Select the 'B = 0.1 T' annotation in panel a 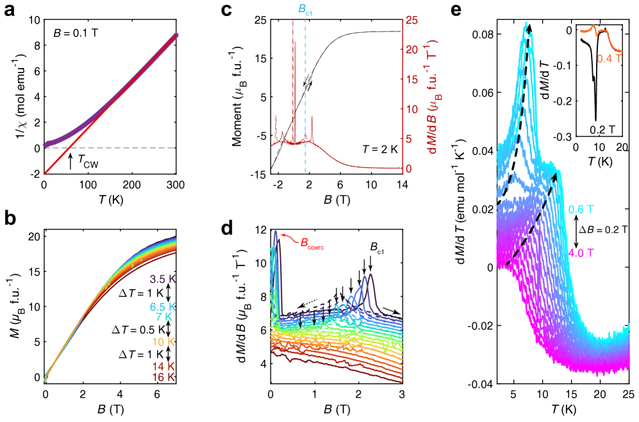pos(76,30)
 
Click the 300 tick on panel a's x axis pos(176,185)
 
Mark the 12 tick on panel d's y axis pos(260,230)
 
